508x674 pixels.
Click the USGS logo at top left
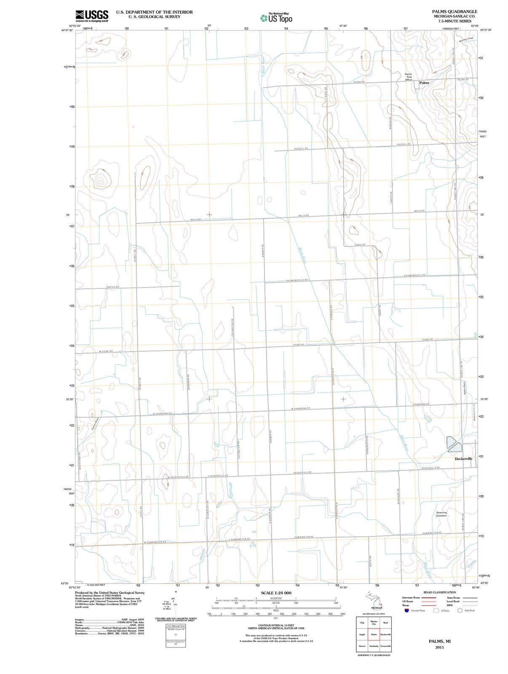91,16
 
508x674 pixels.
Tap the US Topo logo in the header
276,18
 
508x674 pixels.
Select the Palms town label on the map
424,83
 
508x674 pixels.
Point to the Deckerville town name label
463,458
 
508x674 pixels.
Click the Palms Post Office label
409,77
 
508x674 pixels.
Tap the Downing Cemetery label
441,514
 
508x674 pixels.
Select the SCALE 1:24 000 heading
276,593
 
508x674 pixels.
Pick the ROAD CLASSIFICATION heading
439,592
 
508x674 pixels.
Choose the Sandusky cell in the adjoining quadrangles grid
374,646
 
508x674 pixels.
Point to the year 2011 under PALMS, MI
440,647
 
